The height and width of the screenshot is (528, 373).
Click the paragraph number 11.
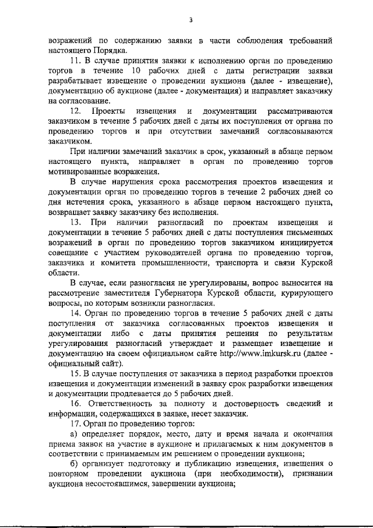(74, 60)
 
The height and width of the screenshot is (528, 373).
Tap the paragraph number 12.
(75, 110)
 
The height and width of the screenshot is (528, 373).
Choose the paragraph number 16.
(74, 403)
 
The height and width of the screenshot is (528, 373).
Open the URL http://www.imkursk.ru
(273, 353)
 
